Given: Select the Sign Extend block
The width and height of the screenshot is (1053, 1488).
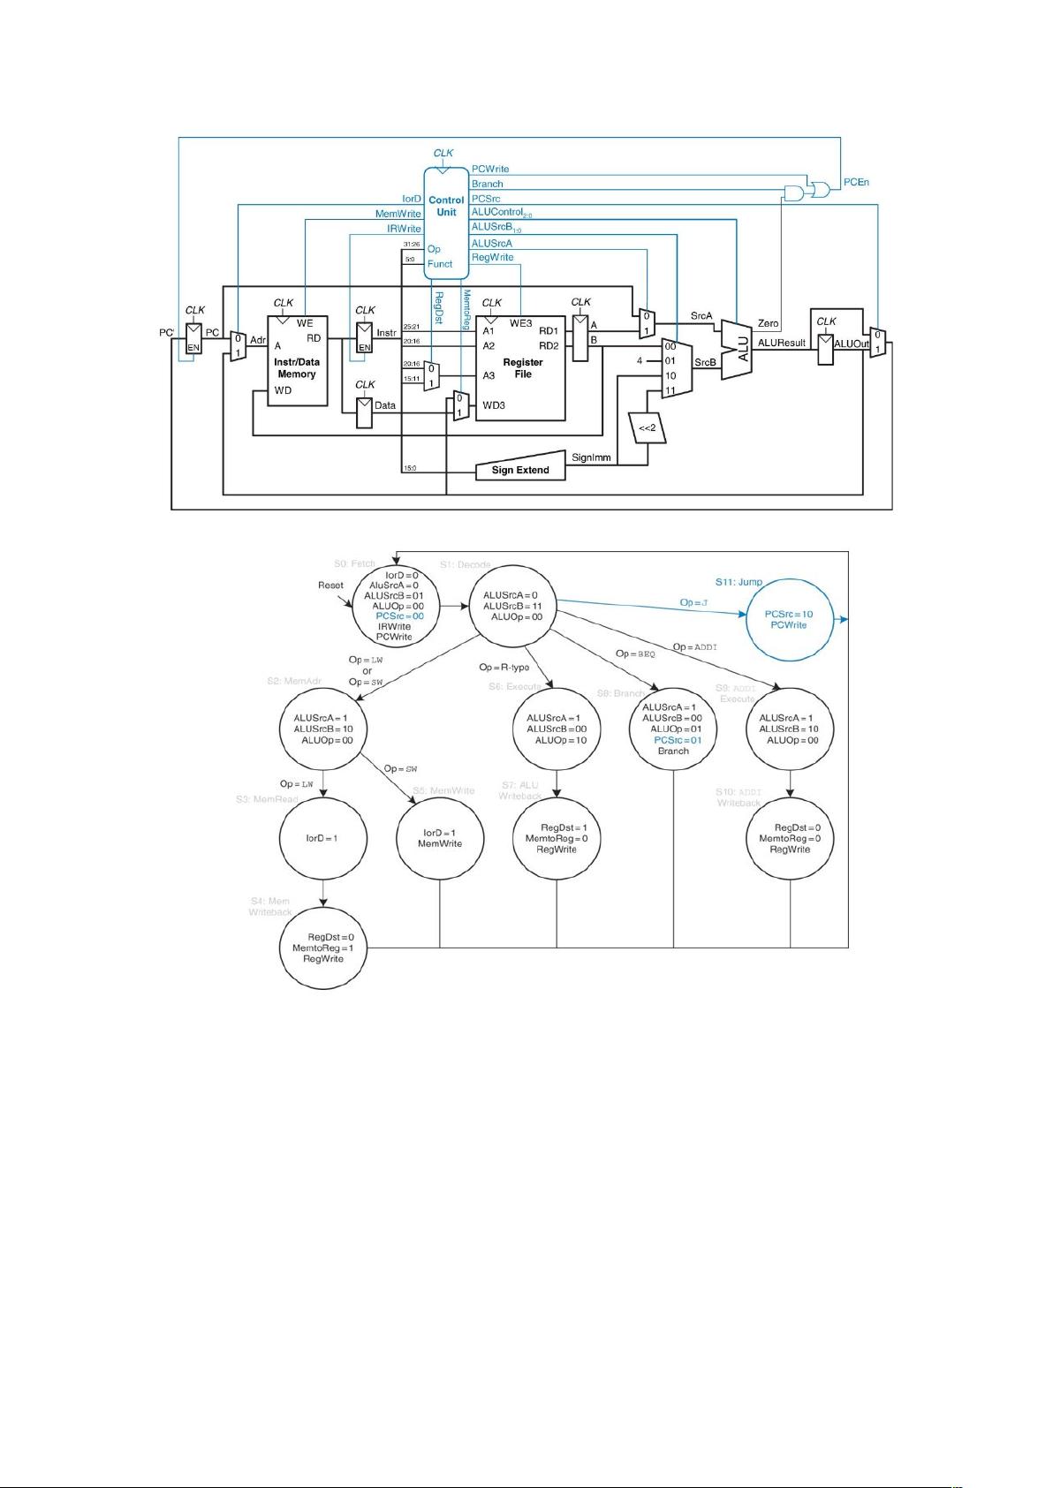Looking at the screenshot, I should point(520,470).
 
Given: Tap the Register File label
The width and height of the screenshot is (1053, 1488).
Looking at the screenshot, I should point(522,367).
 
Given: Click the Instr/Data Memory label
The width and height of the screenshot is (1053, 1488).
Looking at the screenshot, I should point(296,368).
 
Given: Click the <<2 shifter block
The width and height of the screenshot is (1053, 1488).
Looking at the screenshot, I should point(648,428).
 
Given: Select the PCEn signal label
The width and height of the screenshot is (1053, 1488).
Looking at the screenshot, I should point(856,182).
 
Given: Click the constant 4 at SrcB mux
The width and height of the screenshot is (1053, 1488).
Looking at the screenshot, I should point(639,360).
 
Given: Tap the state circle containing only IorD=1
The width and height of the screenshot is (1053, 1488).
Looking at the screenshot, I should point(322,838).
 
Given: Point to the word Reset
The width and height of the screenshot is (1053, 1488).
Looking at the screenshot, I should point(330,585).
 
